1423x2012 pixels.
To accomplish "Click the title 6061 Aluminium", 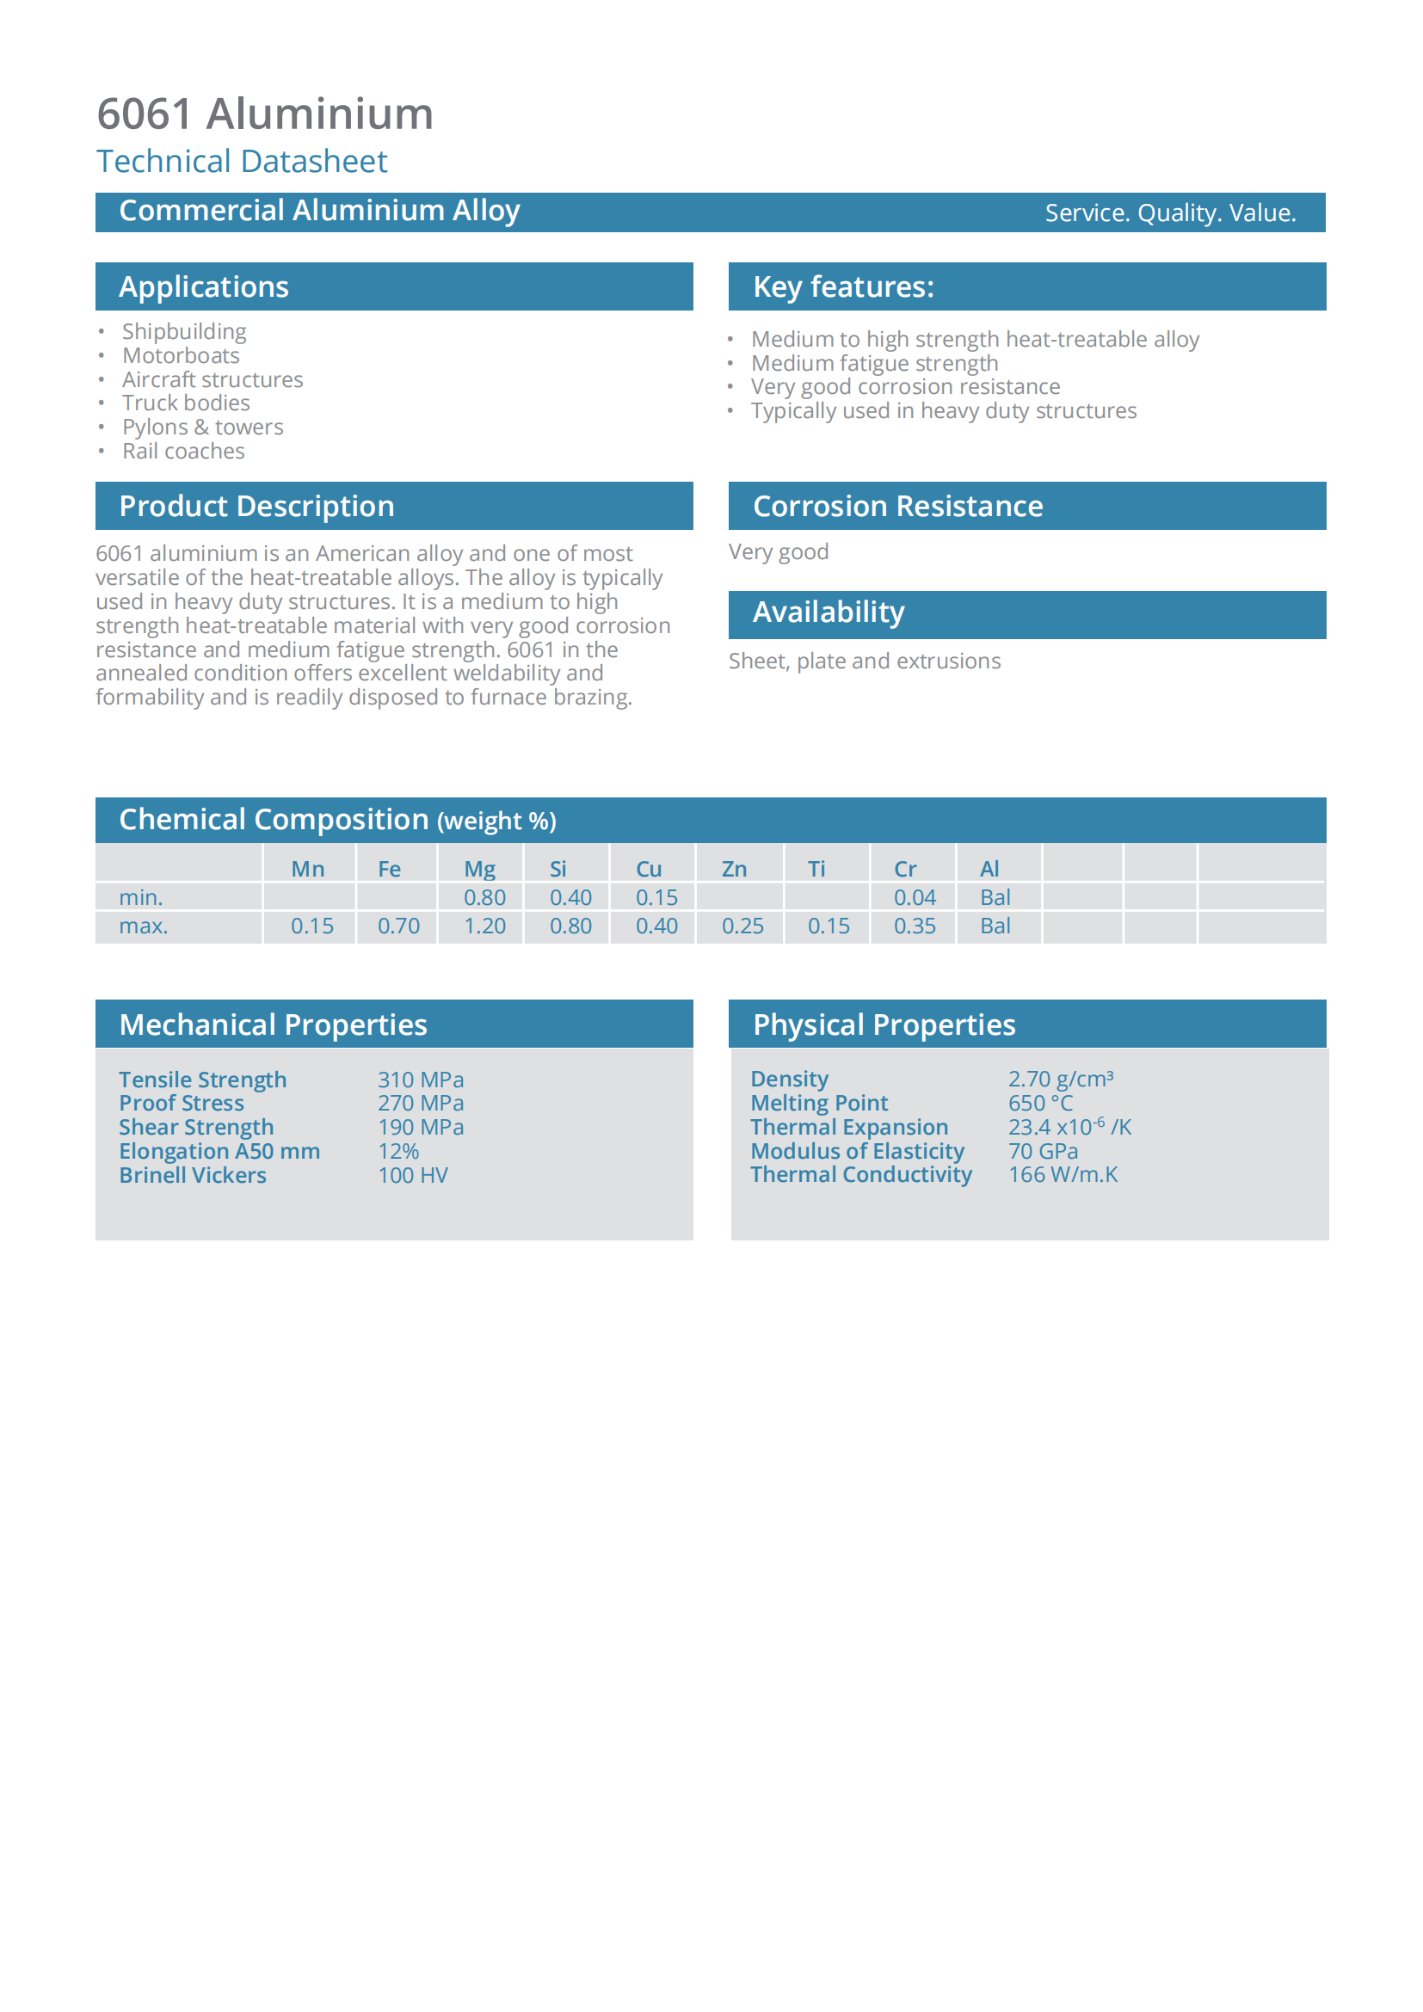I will click(x=265, y=114).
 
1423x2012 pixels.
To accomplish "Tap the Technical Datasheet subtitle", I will click(x=242, y=161).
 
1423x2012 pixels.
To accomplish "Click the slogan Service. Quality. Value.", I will click(x=1170, y=213).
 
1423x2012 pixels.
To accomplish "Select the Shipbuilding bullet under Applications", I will click(x=184, y=331).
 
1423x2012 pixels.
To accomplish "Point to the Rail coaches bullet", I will click(x=183, y=452).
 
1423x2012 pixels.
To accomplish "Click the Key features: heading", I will click(x=843, y=286).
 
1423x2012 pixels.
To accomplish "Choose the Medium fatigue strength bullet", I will click(x=873, y=363).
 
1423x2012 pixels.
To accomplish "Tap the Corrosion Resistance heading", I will click(x=897, y=506).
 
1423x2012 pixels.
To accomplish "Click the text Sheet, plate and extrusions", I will click(x=864, y=661).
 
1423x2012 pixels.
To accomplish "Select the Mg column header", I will click(x=479, y=869).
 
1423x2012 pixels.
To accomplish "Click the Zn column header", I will click(x=733, y=869).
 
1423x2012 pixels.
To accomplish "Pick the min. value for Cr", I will click(x=914, y=897).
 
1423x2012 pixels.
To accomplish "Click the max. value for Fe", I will click(x=397, y=926).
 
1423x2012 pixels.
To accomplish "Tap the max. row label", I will click(x=143, y=926).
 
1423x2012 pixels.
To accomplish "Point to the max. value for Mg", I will click(x=484, y=926).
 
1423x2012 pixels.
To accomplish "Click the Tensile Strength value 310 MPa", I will click(x=421, y=1080).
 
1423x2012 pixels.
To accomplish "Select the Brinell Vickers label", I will click(x=193, y=1175).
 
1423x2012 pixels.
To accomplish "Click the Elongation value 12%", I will click(x=397, y=1152).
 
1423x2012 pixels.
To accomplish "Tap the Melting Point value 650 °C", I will click(x=1040, y=1104).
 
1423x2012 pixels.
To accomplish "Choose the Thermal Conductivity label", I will click(x=860, y=1175).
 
